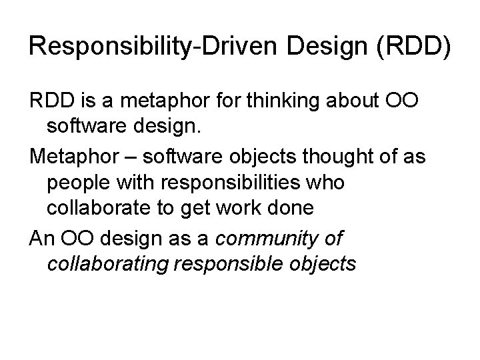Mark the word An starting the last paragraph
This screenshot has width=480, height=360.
pyautogui.click(x=41, y=237)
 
